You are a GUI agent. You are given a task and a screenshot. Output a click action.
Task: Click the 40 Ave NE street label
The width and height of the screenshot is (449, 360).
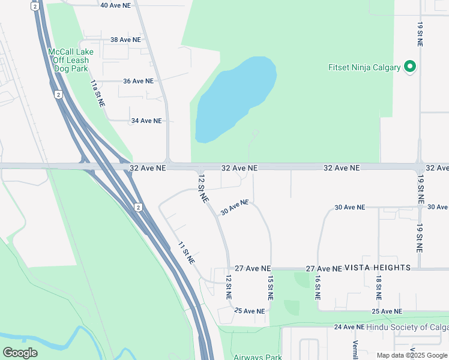click(115, 5)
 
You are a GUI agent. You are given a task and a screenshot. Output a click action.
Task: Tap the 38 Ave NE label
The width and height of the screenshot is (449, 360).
click(125, 40)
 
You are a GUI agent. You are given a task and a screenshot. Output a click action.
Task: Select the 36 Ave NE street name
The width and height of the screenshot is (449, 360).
click(138, 81)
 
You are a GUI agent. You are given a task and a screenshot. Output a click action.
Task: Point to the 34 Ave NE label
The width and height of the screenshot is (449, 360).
click(146, 121)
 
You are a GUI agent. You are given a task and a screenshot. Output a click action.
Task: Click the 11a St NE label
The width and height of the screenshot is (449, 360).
click(98, 93)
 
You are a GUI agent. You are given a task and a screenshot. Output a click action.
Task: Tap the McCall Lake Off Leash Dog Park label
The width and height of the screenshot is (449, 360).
click(68, 60)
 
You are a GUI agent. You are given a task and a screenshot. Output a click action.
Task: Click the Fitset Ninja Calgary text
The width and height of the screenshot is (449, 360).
click(364, 67)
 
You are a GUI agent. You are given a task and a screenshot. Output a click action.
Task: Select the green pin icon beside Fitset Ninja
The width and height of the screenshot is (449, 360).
click(411, 66)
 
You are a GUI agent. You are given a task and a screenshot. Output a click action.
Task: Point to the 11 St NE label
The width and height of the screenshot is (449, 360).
click(186, 253)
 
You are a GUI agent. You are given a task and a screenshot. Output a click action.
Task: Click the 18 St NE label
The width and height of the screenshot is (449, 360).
click(379, 289)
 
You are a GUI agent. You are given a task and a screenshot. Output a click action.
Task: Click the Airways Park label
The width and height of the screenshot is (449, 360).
click(258, 357)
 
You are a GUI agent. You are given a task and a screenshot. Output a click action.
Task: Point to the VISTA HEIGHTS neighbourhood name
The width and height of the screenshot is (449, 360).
click(378, 268)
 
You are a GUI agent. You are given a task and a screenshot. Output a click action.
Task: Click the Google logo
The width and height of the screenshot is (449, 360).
click(20, 353)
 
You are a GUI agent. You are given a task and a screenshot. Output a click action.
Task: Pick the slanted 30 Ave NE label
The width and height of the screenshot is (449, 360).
click(235, 208)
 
